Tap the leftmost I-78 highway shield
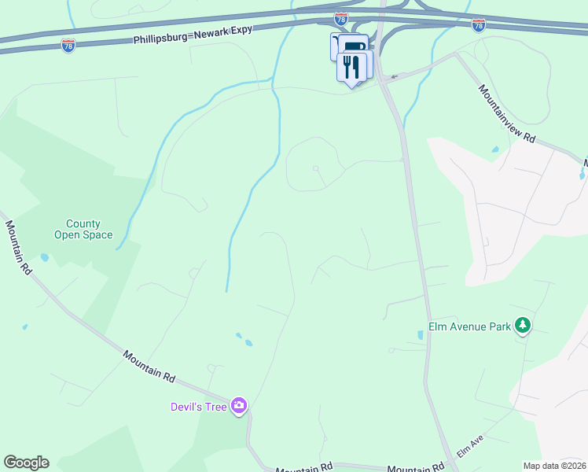pos(68,46)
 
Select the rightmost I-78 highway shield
pos(479,25)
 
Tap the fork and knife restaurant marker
pos(351,68)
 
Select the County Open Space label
pos(83,229)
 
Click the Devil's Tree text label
pos(199,407)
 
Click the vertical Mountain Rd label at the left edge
pos(19,246)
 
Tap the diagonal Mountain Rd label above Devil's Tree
pos(149,367)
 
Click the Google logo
pos(26,463)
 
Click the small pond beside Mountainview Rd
pos(494,149)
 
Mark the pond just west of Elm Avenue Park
pos(421,335)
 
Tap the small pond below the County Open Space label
pos(45,257)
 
